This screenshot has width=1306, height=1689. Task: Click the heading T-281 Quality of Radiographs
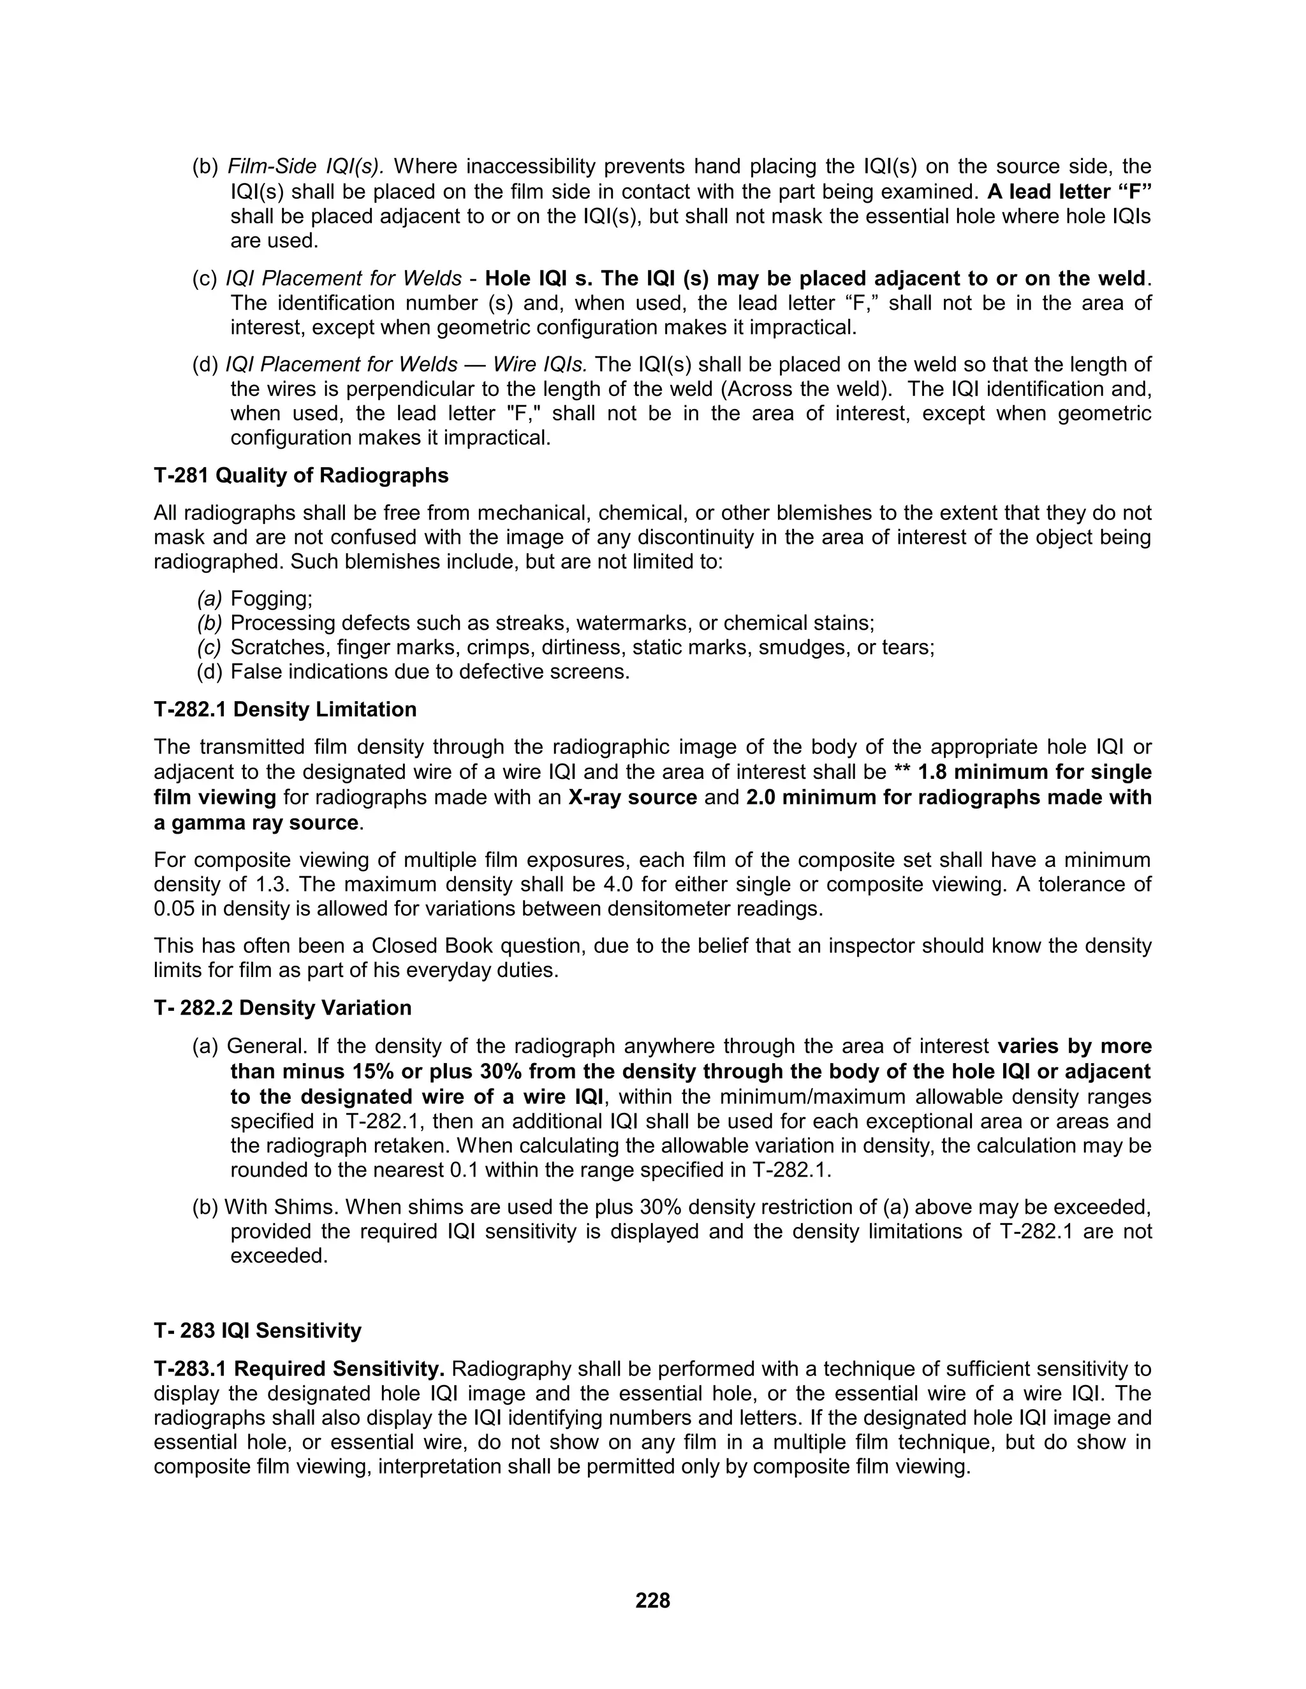(301, 475)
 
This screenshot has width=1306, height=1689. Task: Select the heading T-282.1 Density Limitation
(284, 709)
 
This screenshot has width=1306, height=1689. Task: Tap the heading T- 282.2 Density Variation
(282, 1008)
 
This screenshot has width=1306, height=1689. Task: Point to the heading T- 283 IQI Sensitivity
(257, 1331)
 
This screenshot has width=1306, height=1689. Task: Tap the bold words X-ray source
(632, 797)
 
